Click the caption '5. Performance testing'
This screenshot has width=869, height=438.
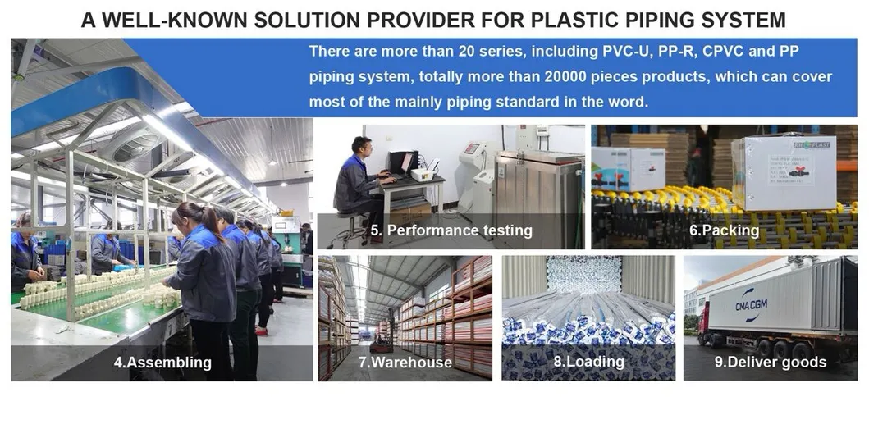tap(451, 231)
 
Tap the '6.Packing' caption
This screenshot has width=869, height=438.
tap(723, 231)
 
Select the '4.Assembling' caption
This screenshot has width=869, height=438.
tap(162, 363)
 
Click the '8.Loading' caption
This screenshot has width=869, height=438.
tap(588, 361)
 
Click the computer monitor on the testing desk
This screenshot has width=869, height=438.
tap(402, 162)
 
